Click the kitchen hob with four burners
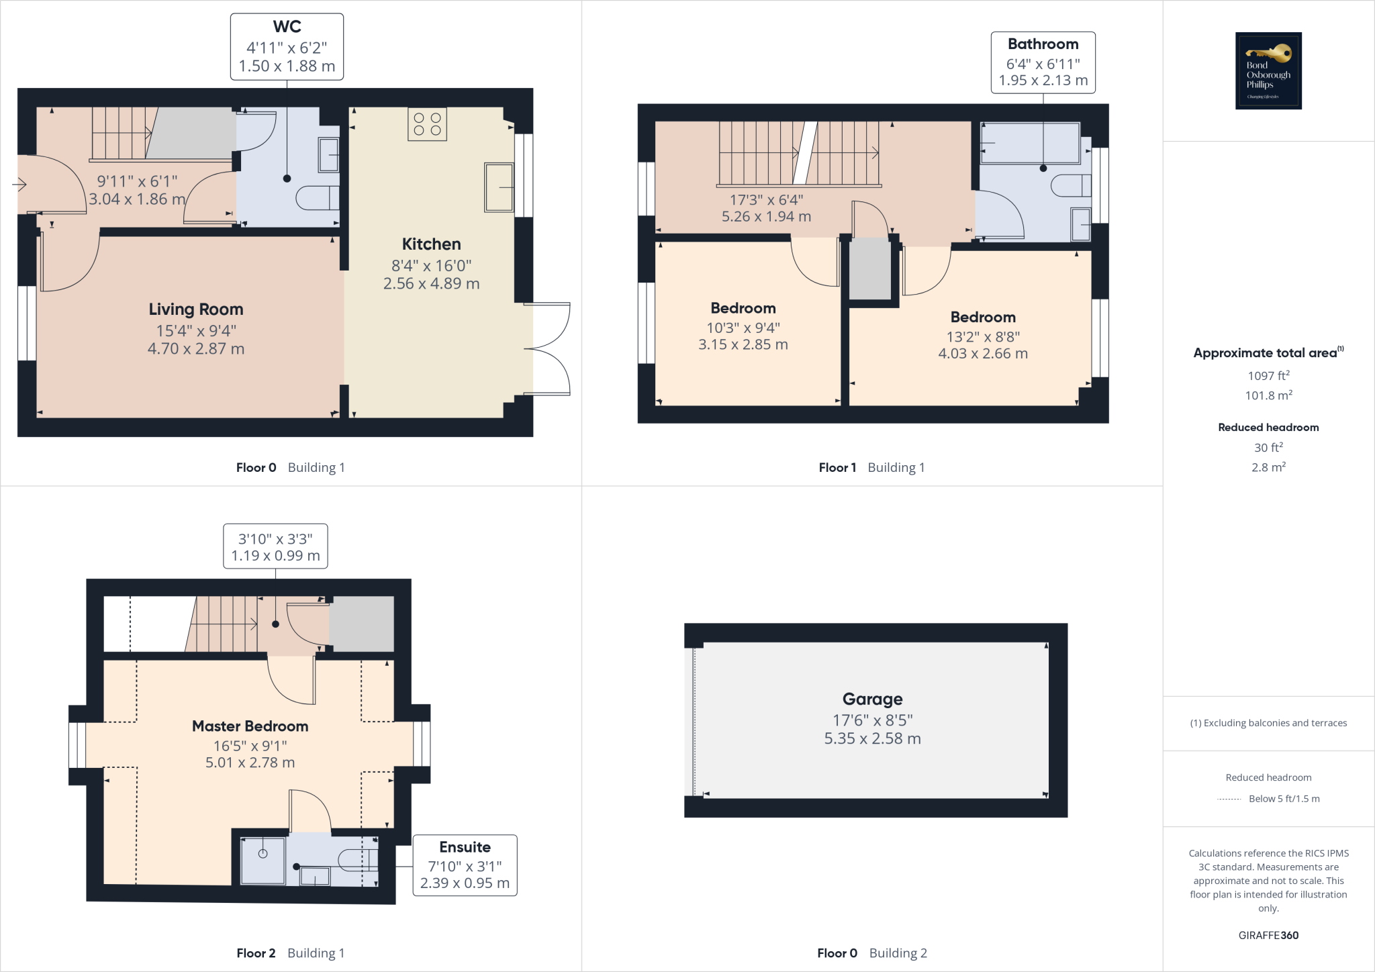427,124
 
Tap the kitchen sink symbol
498,187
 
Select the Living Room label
196,309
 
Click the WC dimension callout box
287,47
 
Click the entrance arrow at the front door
19,184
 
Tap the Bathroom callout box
1043,62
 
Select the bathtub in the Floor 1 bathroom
1029,143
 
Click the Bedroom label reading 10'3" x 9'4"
743,308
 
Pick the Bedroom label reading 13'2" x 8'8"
983,317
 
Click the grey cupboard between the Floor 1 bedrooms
870,269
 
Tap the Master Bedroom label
250,726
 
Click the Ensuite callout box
465,865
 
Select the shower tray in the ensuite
263,860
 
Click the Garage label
872,699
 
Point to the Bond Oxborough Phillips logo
1268,70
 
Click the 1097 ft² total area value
1268,376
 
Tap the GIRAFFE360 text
1268,935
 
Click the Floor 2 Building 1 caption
290,953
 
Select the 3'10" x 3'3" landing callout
275,546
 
